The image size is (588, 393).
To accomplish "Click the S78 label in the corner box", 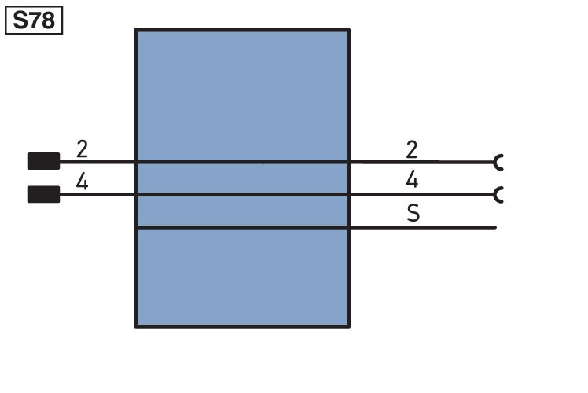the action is pos(34,20).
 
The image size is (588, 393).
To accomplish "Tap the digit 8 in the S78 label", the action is pos(48,20).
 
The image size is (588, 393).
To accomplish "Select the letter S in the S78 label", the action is pos(20,20).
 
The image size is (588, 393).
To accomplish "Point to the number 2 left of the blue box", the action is pos(82,149).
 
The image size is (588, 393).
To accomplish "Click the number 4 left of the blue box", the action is pos(82,182).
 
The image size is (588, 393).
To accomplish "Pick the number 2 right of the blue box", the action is pos(412,149).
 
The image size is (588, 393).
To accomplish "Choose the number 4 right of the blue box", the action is pos(412,179).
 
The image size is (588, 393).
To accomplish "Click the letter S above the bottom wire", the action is pos(413,213).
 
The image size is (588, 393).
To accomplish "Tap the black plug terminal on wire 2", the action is pos(43,161).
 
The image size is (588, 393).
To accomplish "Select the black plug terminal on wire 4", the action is pos(43,194).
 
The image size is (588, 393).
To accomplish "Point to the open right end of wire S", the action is pos(496,227).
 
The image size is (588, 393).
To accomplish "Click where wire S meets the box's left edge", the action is pos(136,227).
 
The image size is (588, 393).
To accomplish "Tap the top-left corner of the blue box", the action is pos(135,30).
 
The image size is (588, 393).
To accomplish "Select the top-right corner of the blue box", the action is pos(349,30).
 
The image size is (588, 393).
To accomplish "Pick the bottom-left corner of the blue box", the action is pos(135,327).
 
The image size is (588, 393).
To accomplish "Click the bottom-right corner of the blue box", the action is pos(349,327).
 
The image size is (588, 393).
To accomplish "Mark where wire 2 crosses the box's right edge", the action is pos(349,163).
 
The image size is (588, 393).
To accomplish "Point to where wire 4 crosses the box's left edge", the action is pos(135,194).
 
